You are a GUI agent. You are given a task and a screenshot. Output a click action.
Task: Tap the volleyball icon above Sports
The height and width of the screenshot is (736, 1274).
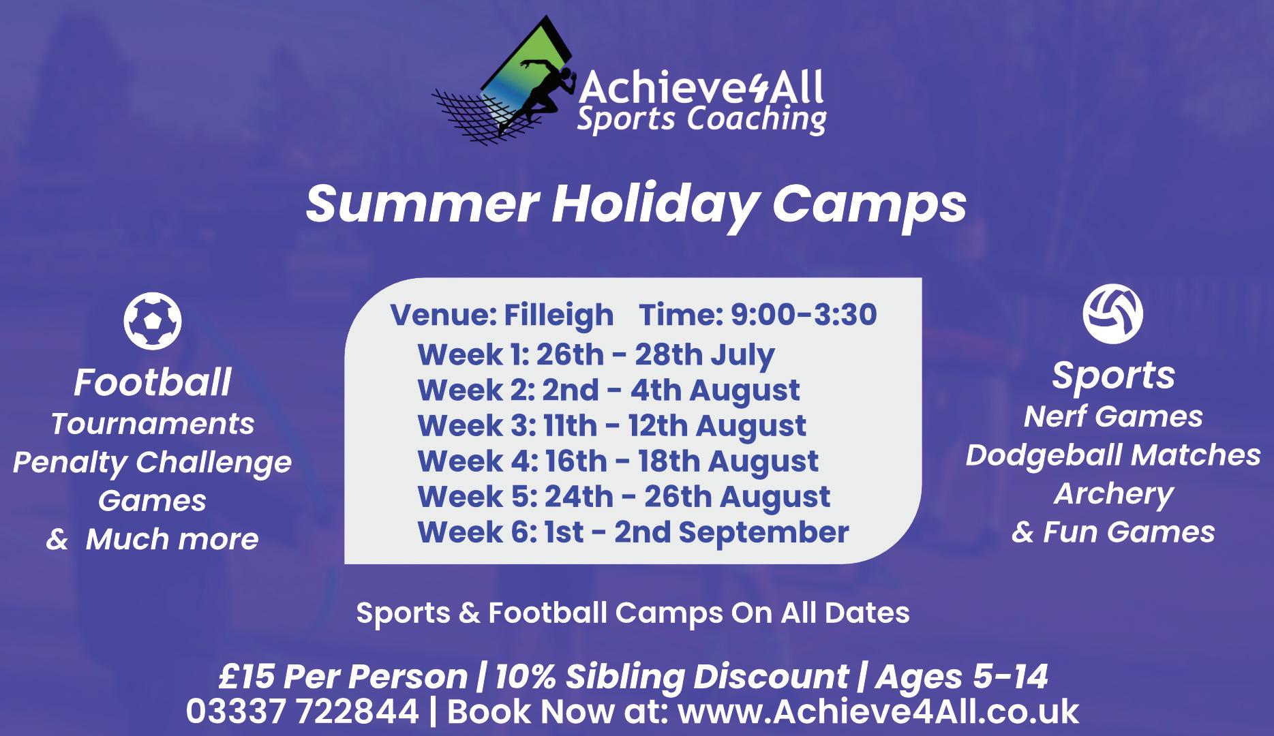1113,313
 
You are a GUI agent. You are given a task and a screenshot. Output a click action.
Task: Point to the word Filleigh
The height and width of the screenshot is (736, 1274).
559,315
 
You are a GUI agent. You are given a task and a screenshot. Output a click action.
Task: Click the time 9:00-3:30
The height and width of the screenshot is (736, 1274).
804,315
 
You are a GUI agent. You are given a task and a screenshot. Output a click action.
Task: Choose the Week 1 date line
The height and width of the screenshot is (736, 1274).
596,355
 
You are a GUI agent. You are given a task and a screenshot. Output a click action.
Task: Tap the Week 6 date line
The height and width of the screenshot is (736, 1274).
633,532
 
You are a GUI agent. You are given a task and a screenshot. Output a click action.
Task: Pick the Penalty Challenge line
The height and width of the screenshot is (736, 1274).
153,463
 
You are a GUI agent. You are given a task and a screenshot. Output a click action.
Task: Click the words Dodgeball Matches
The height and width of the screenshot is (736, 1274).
1113,455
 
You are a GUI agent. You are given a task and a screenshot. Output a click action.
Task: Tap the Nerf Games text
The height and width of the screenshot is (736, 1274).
1113,416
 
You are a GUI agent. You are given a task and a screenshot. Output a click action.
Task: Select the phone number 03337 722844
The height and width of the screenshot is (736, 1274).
303,711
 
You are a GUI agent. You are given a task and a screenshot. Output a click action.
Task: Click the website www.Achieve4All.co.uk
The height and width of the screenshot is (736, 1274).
879,711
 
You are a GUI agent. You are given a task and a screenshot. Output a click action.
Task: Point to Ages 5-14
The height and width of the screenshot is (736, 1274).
962,677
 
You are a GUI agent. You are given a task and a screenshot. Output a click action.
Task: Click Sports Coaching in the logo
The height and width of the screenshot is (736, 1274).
701,119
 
